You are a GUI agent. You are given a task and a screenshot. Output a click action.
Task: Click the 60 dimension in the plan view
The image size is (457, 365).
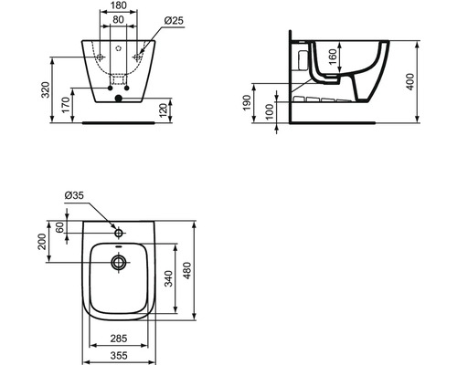[x=60, y=226]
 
